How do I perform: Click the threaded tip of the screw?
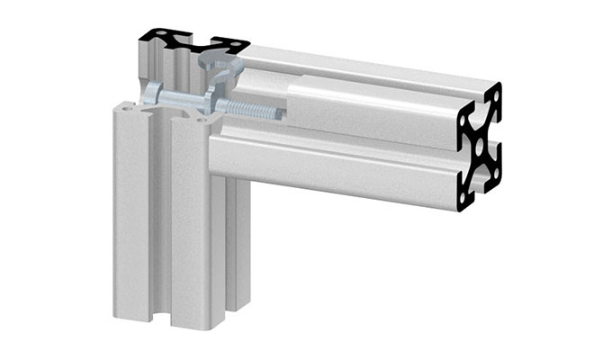coord(276,113)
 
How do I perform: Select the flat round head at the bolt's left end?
coord(151,92)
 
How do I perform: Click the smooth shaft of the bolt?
coord(184,96)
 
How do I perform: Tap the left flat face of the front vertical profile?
coord(130,216)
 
